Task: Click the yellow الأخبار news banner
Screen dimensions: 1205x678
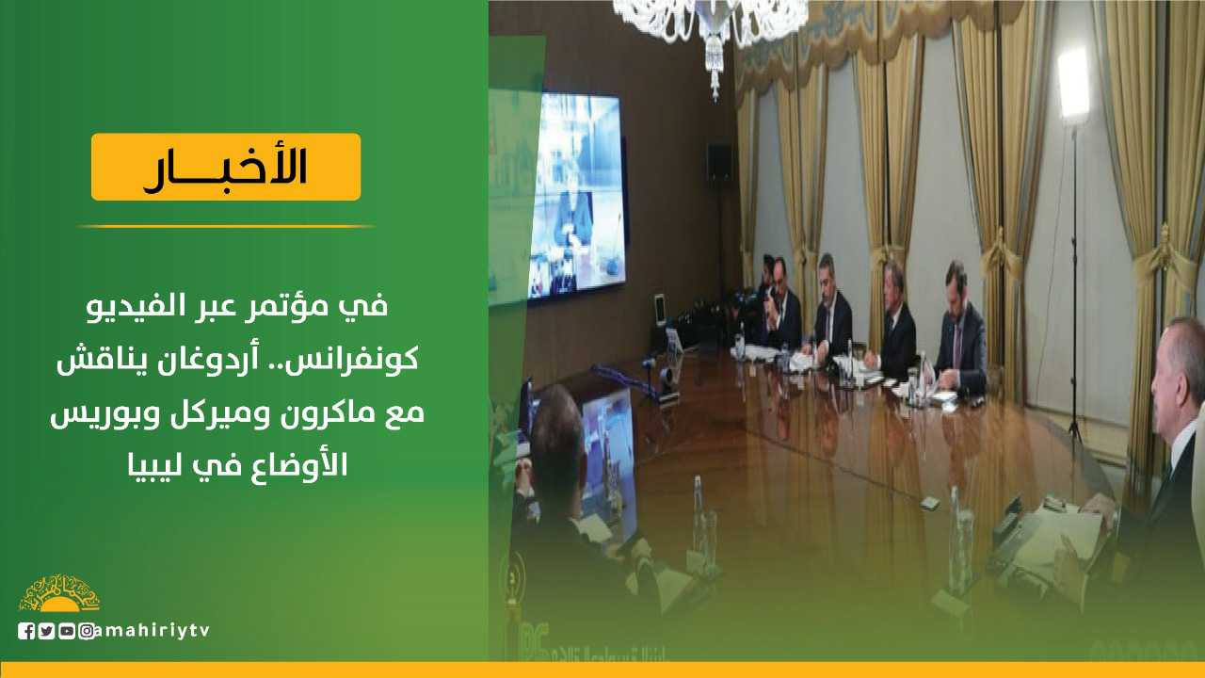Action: (x=226, y=167)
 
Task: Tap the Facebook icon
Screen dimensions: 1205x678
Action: (x=26, y=631)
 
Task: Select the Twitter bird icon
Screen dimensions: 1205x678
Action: (x=47, y=631)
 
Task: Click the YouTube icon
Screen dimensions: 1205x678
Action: (x=67, y=631)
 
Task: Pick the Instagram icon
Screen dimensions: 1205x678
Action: (x=86, y=631)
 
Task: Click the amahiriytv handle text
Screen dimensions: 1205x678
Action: (x=152, y=631)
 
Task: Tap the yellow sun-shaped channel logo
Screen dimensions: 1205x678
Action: (x=59, y=593)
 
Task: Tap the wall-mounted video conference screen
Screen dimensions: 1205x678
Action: (x=577, y=195)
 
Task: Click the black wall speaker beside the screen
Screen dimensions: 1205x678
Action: (x=718, y=162)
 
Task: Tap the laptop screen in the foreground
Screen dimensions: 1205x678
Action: (x=608, y=461)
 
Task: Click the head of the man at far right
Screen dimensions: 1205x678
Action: (x=1180, y=372)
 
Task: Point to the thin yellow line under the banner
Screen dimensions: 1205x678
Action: (x=226, y=227)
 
